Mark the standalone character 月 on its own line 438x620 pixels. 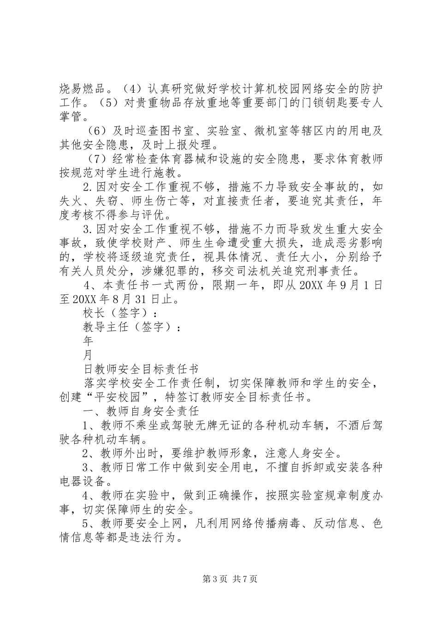click(x=88, y=356)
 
